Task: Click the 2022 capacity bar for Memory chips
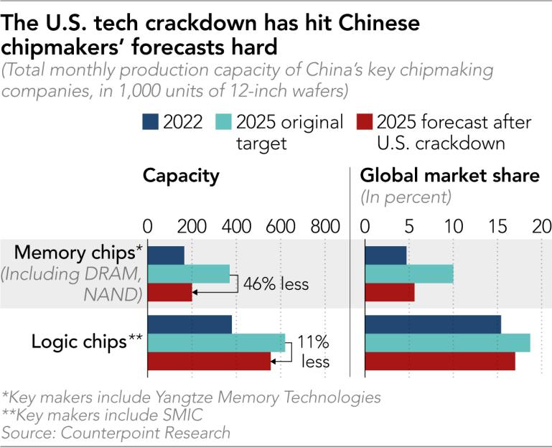[165, 255]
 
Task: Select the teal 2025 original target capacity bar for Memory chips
[188, 273]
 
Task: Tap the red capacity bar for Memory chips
[169, 293]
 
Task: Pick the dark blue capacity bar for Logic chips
[190, 324]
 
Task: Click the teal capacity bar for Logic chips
[216, 343]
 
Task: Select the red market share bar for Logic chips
[440, 362]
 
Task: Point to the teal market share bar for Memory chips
[409, 273]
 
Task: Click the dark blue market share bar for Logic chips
[433, 324]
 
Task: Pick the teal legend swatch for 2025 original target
[223, 122]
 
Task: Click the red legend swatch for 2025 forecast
[364, 122]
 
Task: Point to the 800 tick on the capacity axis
[325, 227]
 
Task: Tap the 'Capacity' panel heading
[180, 176]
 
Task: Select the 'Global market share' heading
[449, 176]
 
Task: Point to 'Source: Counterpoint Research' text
[116, 432]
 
